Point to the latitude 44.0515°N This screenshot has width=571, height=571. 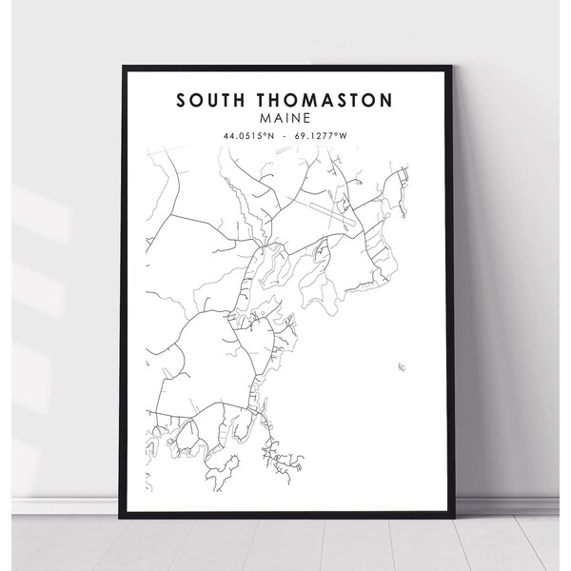click(x=249, y=135)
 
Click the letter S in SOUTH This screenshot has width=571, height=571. click(x=179, y=100)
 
